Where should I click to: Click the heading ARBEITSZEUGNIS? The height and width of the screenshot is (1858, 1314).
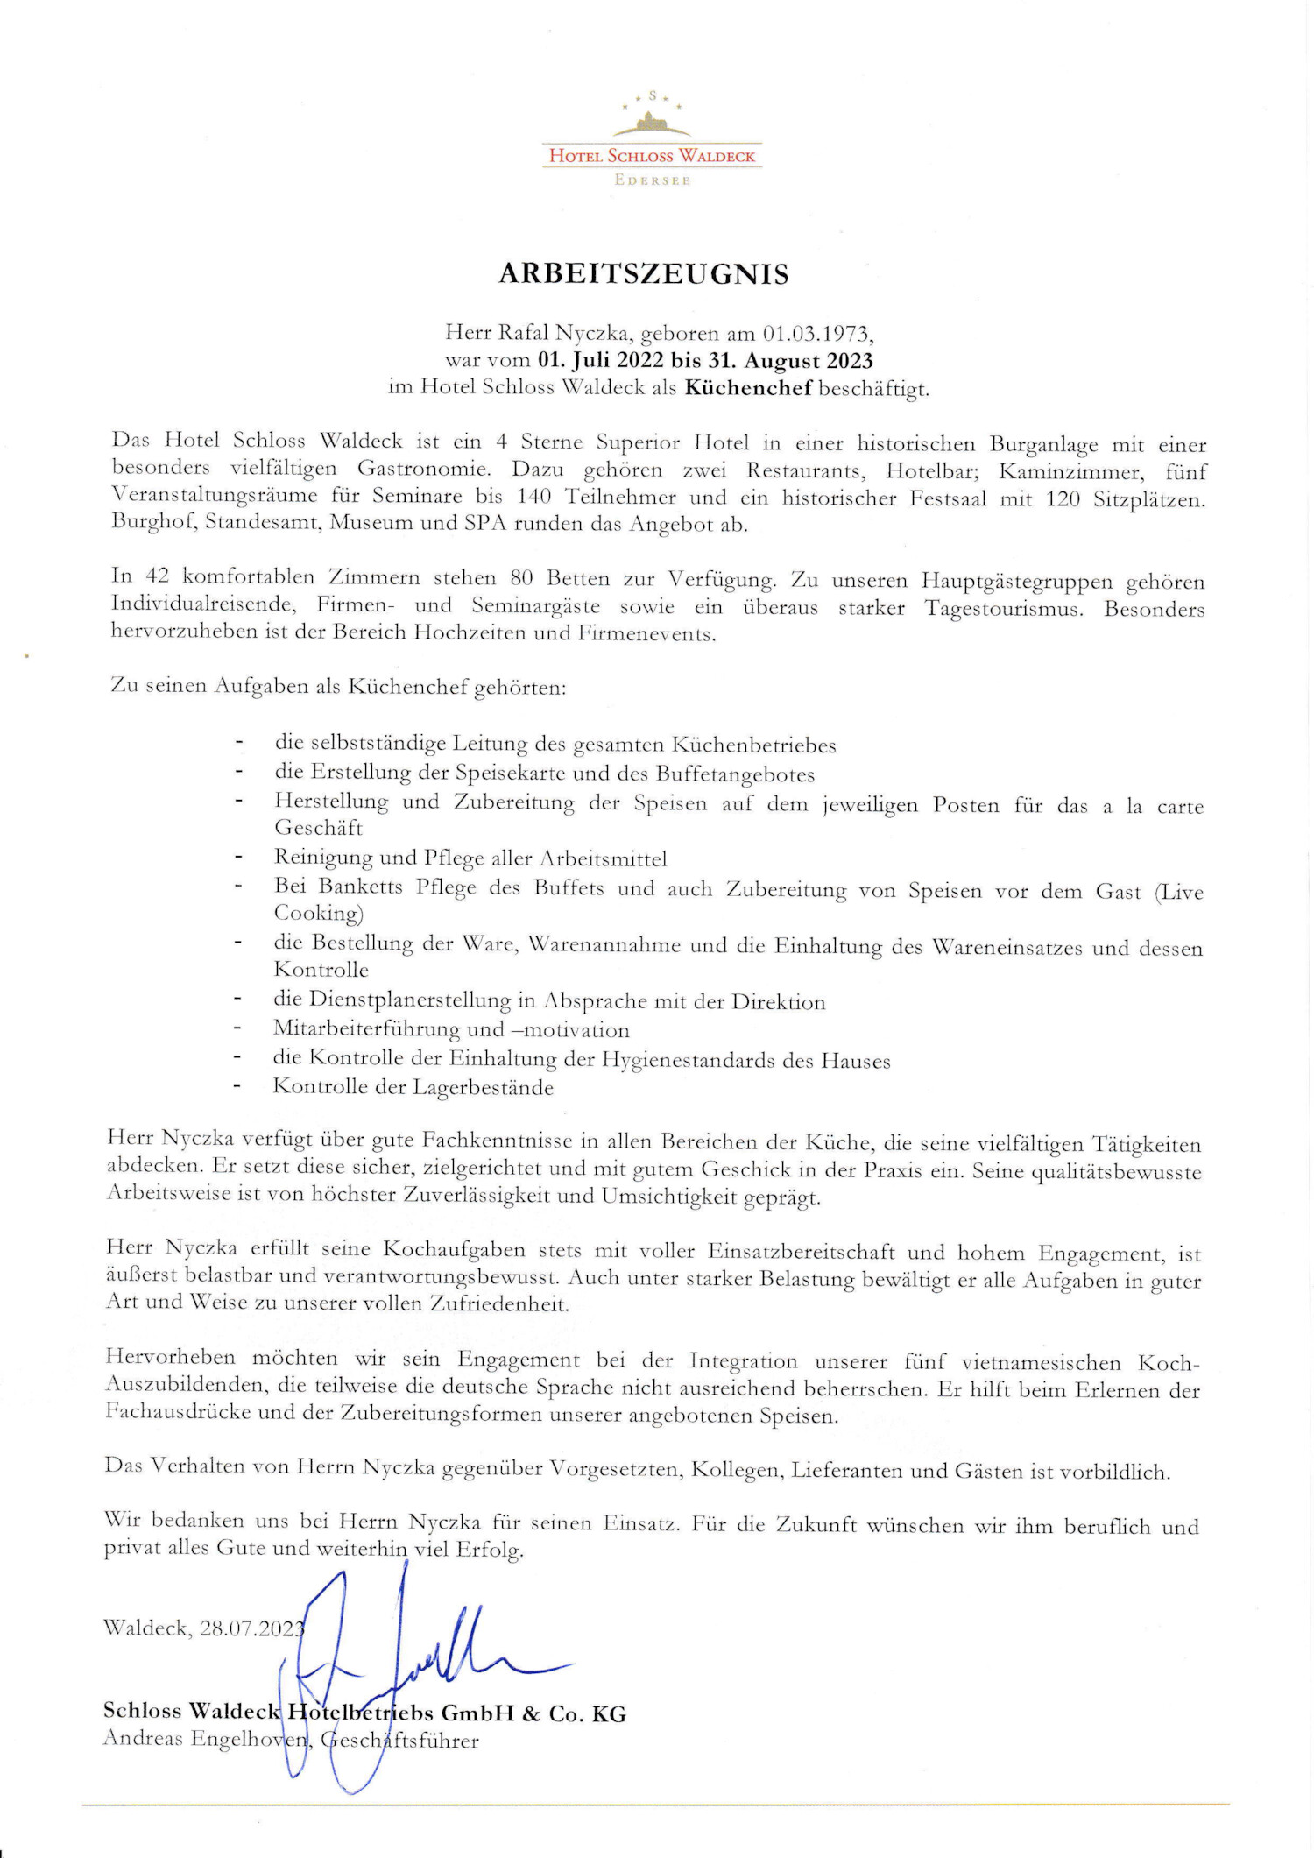point(644,274)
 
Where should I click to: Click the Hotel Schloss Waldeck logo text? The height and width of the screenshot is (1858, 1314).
point(652,156)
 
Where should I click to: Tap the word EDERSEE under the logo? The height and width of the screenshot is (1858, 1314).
point(653,180)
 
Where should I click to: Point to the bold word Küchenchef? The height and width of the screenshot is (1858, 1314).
point(748,388)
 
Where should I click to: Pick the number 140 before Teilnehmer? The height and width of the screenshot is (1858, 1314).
point(533,498)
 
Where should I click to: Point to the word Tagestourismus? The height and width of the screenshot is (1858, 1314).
point(1004,608)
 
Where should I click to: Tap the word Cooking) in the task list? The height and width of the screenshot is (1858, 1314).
point(318,913)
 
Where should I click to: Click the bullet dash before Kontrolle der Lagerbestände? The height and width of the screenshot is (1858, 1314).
point(237,1087)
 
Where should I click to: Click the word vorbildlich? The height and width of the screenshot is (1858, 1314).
point(1114,1472)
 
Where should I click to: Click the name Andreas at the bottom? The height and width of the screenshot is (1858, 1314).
point(142,1738)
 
